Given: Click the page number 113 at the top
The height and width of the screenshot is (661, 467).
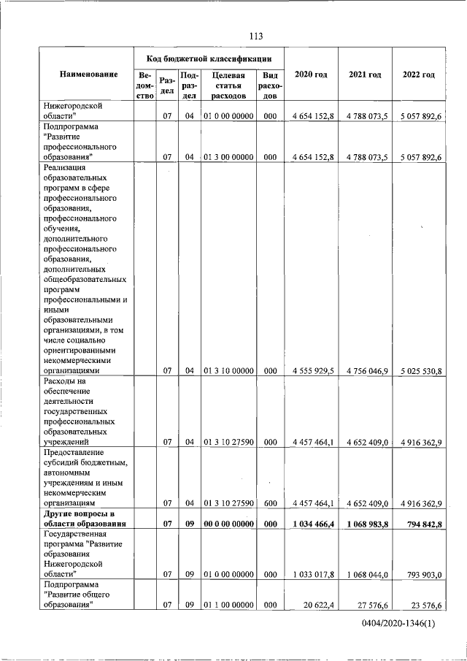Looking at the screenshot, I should [255, 37].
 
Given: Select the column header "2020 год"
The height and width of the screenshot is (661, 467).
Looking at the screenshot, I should [310, 75].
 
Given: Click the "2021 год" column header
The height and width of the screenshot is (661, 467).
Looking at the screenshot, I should [365, 75].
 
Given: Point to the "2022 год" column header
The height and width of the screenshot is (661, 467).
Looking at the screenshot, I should [418, 75].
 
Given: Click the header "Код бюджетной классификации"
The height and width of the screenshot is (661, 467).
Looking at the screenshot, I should [209, 58].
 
